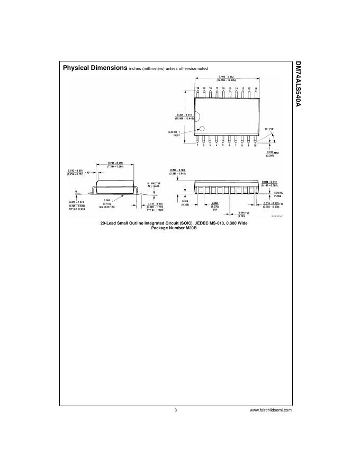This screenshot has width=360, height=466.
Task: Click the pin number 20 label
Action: [x=197, y=88]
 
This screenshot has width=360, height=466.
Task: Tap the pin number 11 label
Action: [x=256, y=88]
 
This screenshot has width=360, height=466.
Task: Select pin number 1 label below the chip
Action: [x=197, y=145]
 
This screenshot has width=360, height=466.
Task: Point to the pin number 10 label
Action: [x=255, y=145]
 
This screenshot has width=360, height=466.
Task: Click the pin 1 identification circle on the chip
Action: [x=201, y=129]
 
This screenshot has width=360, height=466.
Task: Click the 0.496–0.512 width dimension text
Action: [x=226, y=78]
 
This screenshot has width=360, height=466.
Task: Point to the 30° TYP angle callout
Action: [x=267, y=129]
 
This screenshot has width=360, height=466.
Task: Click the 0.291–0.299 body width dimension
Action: [x=115, y=164]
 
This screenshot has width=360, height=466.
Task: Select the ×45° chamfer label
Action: [x=87, y=172]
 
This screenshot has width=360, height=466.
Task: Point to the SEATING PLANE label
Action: [x=281, y=194]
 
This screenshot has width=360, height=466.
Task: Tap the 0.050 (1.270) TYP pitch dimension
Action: [x=215, y=204]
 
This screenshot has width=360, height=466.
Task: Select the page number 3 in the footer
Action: [x=175, y=410]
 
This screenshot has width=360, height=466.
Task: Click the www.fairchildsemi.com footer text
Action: [x=270, y=410]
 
